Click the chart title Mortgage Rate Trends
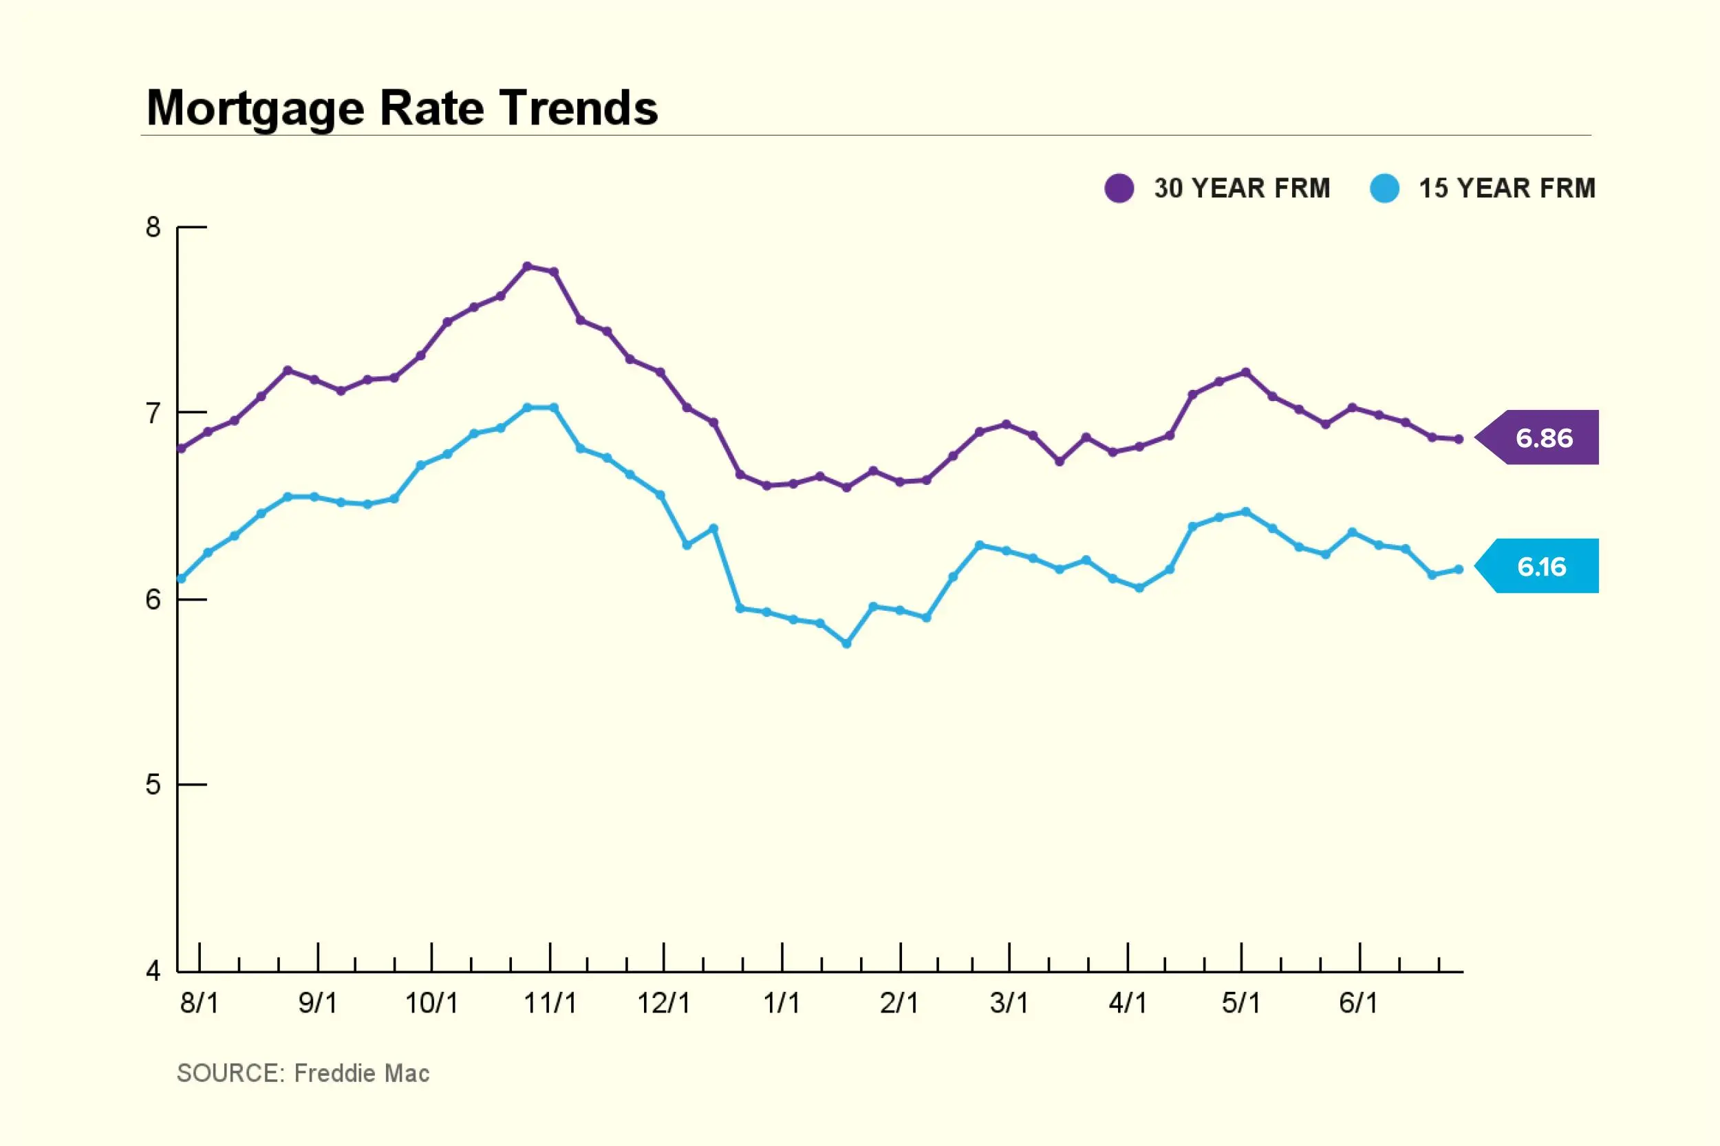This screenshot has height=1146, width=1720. coord(402,108)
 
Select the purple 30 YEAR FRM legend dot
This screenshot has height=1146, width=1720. coord(1119,188)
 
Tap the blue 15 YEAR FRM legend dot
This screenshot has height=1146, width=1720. coord(1384,188)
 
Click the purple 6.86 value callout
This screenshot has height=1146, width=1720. coord(1542,437)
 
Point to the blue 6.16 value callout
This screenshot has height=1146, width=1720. coord(1541,566)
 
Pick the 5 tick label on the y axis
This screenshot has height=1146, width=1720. coord(153,785)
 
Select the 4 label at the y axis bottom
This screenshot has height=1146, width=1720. coord(153,971)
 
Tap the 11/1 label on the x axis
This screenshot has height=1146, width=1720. coord(550,1004)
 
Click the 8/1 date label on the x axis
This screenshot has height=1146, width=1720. coord(199,1004)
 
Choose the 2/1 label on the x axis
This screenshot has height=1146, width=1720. coord(899,1004)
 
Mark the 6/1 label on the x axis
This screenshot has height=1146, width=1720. coord(1358,1004)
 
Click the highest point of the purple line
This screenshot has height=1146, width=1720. coord(527,266)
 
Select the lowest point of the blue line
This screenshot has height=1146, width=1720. coord(846,644)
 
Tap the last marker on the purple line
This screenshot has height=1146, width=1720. coord(1459,440)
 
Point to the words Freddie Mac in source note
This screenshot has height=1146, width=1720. coord(361,1074)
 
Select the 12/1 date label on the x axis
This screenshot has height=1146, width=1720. coord(664,1004)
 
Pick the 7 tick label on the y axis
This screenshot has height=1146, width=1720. coord(153,413)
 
